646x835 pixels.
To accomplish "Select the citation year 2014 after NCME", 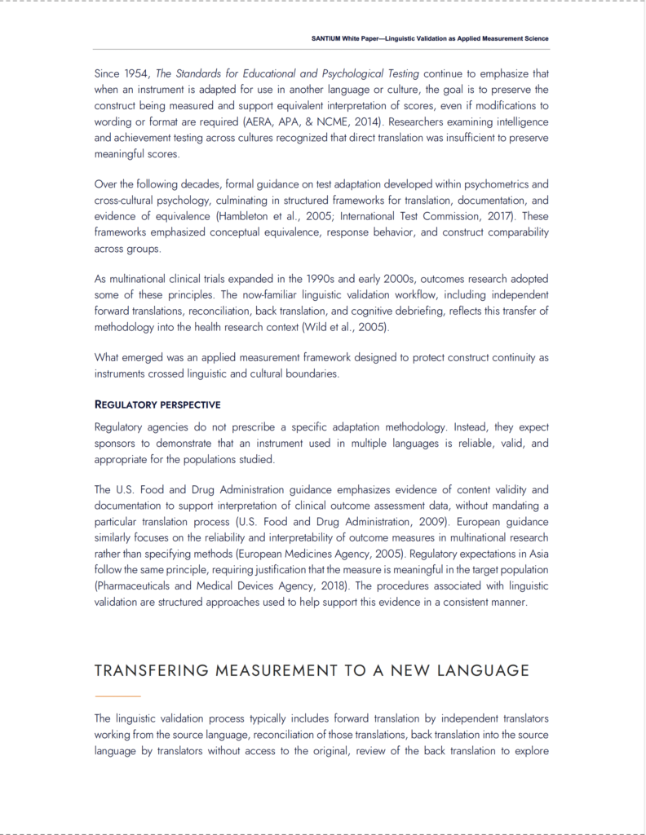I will [x=365, y=122].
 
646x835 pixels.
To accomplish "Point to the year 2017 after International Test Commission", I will [x=497, y=216].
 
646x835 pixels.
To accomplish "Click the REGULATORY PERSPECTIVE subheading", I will [x=157, y=404].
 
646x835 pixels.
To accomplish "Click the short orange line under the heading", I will [x=117, y=696].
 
